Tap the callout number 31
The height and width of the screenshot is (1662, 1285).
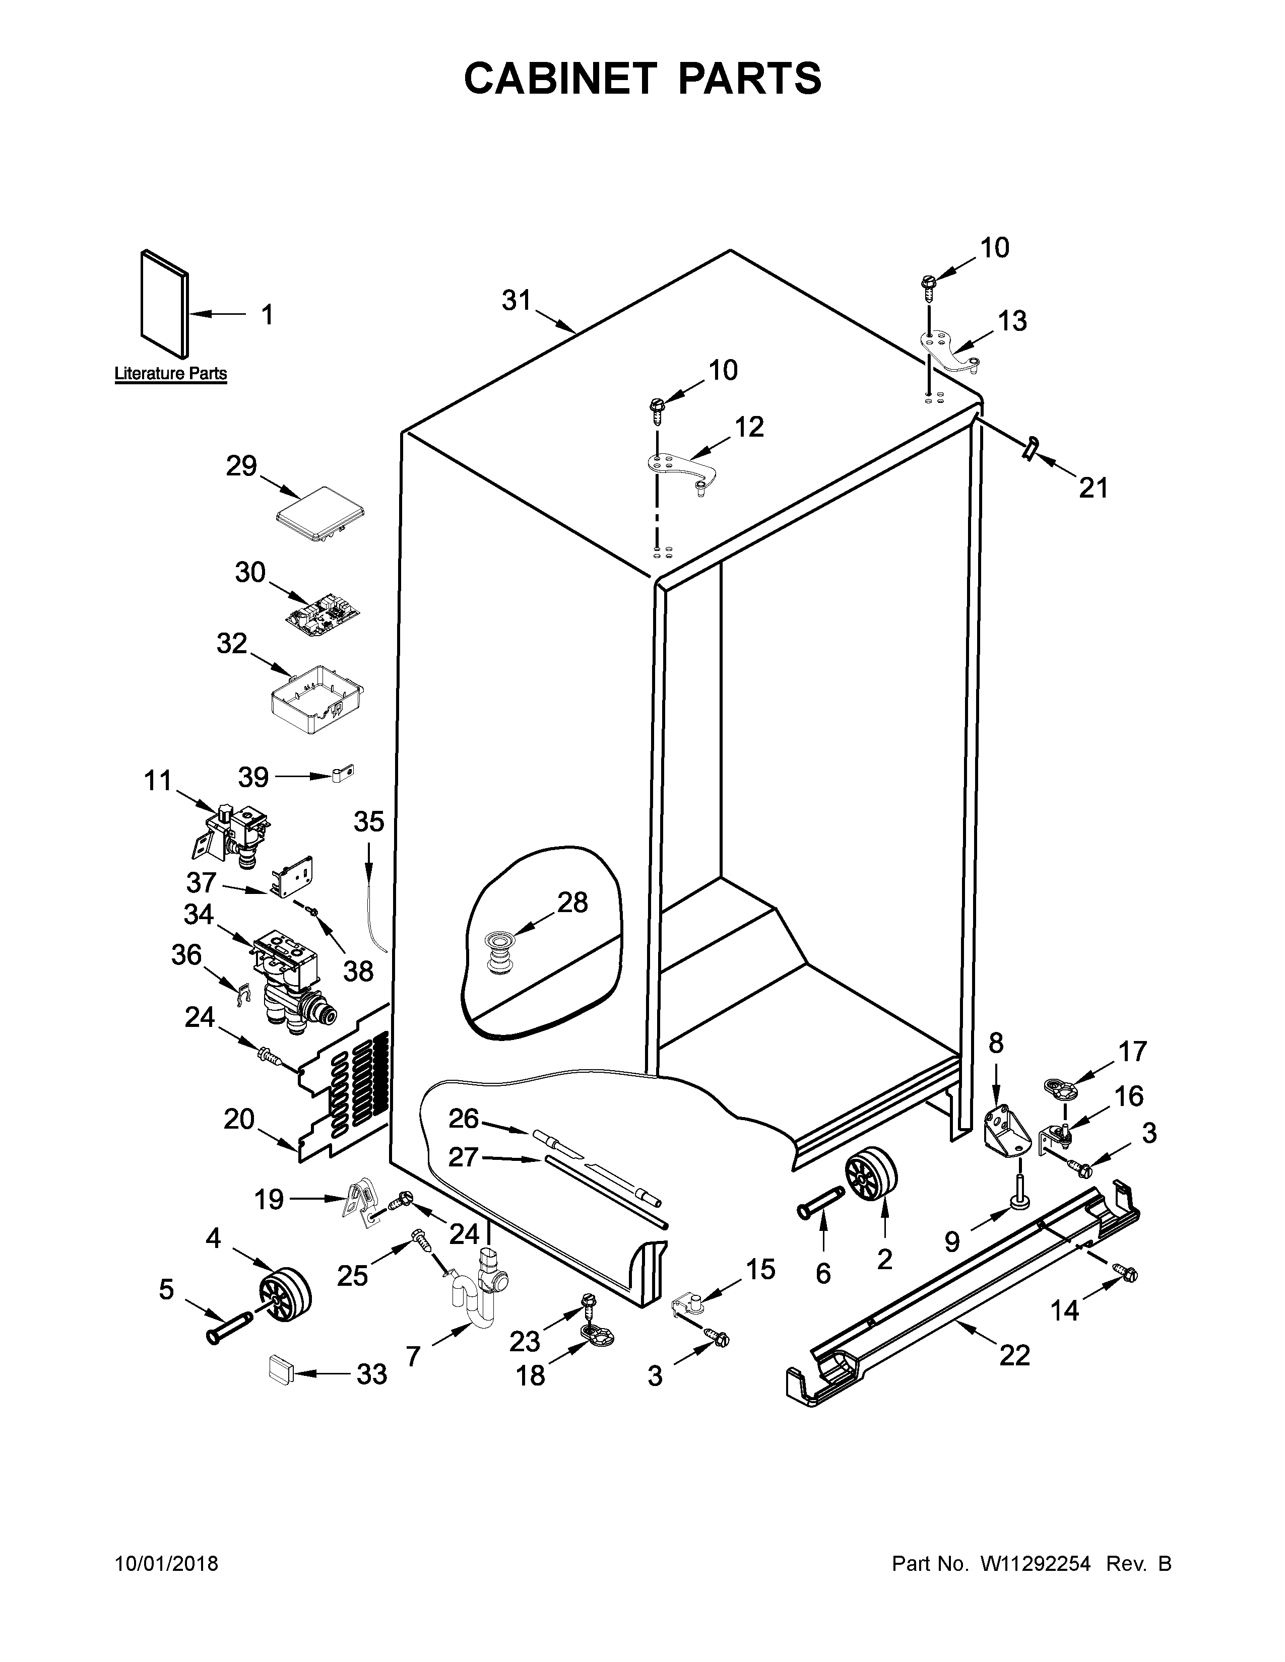coord(516,301)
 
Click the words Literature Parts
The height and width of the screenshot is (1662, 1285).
coord(170,374)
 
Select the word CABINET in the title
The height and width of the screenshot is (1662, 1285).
coord(560,79)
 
